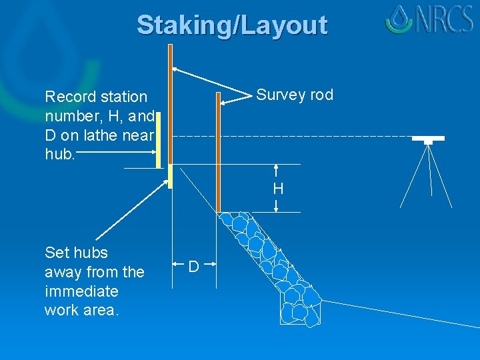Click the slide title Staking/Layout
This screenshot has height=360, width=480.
(x=232, y=25)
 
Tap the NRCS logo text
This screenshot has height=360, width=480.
(x=445, y=19)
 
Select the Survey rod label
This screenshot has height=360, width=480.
(x=295, y=95)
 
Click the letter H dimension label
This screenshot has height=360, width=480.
(x=278, y=189)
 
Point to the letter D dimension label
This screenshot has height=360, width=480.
(x=193, y=267)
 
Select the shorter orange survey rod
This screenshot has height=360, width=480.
(x=218, y=153)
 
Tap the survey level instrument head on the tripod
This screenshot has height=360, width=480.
(x=428, y=139)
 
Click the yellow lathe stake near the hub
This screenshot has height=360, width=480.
(x=159, y=140)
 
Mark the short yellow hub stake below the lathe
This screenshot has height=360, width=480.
(x=171, y=176)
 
